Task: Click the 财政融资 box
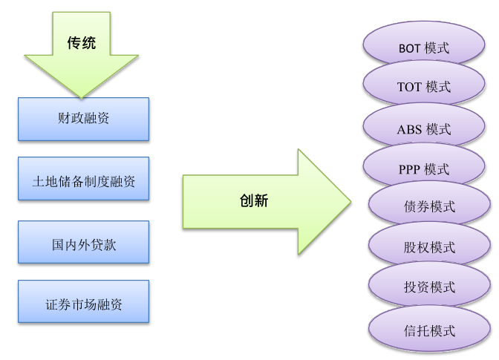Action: click(x=83, y=118)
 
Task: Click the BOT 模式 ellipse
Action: click(x=424, y=46)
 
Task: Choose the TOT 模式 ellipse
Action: click(x=424, y=86)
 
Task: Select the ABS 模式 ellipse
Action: click(x=424, y=128)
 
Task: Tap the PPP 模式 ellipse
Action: click(x=424, y=168)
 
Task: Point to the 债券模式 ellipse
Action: click(x=430, y=206)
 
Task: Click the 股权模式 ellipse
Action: click(x=430, y=246)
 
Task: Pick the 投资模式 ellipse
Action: click(x=430, y=287)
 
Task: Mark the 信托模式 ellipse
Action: click(x=430, y=330)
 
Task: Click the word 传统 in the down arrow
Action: click(x=82, y=43)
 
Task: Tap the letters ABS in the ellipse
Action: click(x=409, y=130)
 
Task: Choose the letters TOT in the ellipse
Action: click(x=409, y=88)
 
